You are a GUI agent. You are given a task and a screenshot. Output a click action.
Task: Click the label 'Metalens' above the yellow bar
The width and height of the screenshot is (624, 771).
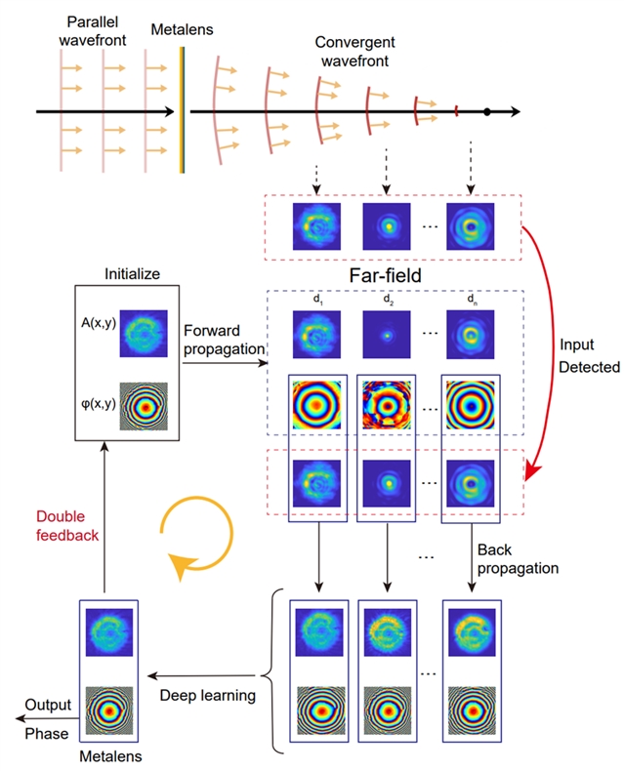tap(177, 30)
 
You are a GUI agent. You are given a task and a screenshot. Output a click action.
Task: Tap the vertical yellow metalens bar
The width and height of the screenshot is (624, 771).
tap(182, 112)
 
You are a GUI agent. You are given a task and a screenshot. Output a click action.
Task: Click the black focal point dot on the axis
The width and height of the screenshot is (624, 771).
tap(486, 113)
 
